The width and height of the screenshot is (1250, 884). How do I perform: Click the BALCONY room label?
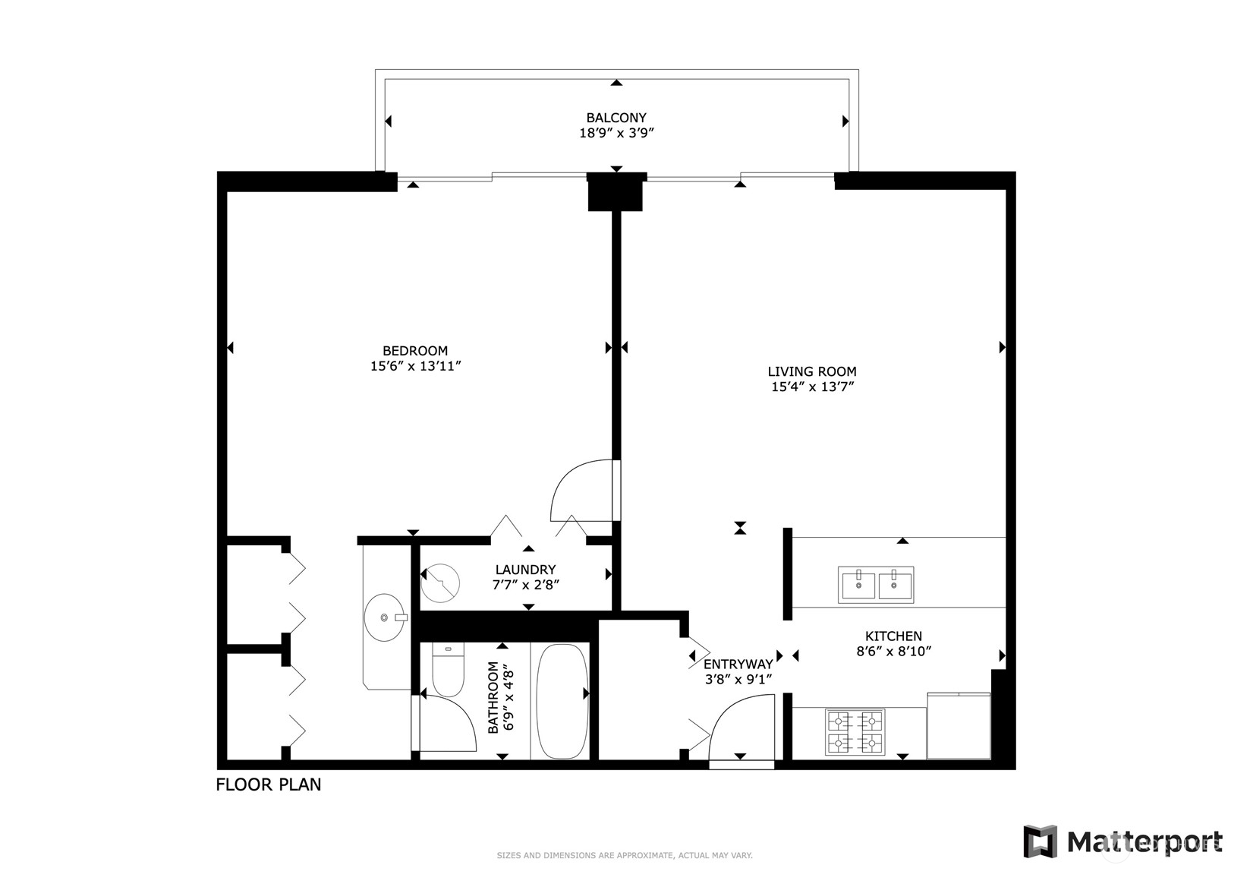point(616,118)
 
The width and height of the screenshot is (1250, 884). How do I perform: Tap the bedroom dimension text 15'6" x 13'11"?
point(415,366)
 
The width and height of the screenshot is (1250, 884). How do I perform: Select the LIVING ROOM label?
point(811,371)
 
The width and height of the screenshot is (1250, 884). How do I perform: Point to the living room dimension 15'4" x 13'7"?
point(811,387)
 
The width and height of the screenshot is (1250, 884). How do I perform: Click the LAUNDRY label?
point(525,570)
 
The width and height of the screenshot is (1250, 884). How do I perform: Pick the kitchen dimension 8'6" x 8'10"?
point(893,651)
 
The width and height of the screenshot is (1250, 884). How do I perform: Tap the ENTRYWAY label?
point(738,665)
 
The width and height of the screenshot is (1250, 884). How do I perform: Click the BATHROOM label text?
point(493,697)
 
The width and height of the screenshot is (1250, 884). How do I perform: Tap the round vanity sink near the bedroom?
point(386,617)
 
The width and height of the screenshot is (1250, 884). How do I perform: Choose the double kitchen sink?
point(875,585)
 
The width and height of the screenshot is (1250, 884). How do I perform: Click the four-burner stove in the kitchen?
point(855,731)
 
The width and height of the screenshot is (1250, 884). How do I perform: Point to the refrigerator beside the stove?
point(959,726)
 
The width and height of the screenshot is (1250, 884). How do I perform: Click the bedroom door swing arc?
point(581,491)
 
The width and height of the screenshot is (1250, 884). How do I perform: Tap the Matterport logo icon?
point(1040,841)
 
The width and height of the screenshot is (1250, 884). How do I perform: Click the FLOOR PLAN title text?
point(269,785)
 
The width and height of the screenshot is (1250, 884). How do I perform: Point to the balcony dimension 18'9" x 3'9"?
point(616,133)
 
